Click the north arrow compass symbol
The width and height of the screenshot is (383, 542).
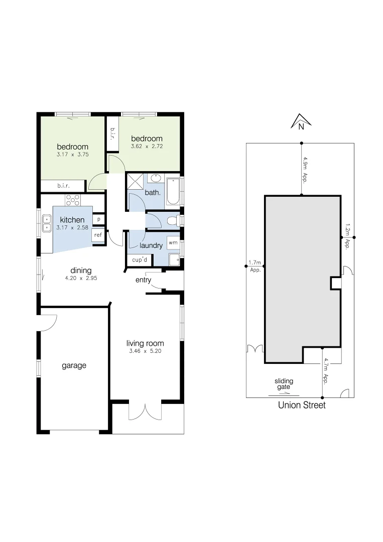pos(301,121)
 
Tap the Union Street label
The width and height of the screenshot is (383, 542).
pos(302,405)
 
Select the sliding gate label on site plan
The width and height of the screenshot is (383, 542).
pos(284,384)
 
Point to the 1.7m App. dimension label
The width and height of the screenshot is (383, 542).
pos(256,266)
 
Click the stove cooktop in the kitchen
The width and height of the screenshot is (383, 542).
pos(73,200)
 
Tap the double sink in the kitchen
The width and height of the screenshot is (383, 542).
pos(47,223)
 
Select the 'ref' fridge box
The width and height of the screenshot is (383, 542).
pos(98,235)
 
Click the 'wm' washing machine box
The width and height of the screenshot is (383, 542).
pos(173,242)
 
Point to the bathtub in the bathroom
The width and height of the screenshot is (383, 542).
pos(173,191)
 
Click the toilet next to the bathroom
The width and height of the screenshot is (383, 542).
pos(172,220)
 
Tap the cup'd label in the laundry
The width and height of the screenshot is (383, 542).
pos(139,259)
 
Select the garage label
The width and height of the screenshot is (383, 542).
pos(74,365)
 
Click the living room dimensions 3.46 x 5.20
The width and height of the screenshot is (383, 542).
pos(145,352)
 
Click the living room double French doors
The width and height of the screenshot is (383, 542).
pos(145,411)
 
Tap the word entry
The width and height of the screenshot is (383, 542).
pos(143,280)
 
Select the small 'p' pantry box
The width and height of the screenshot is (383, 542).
pos(98,219)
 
